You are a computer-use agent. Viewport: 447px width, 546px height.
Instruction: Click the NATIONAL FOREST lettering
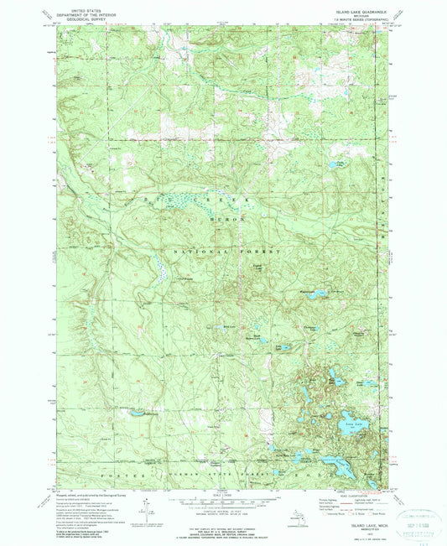[x=226, y=252]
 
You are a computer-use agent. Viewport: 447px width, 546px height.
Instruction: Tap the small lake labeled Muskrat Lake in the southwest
[x=130, y=413]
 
